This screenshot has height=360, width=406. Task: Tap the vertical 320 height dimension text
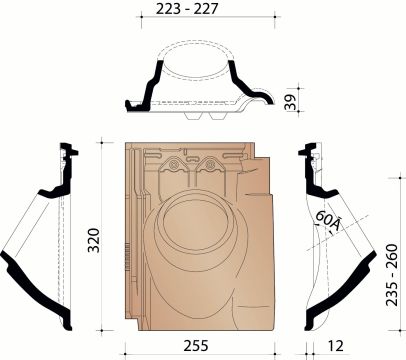tap(92, 237)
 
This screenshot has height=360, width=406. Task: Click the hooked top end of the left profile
tap(67, 151)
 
